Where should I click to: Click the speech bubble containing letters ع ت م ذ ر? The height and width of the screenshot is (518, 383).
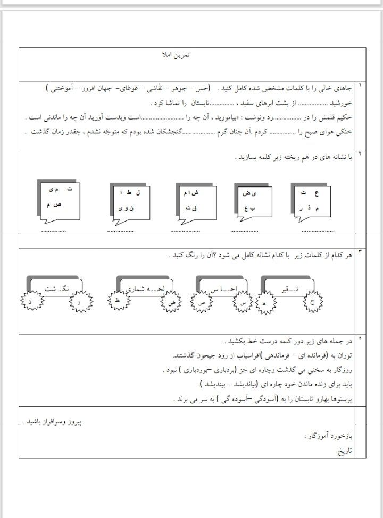(311, 201)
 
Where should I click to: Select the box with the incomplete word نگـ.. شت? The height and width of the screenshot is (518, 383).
(55, 288)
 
